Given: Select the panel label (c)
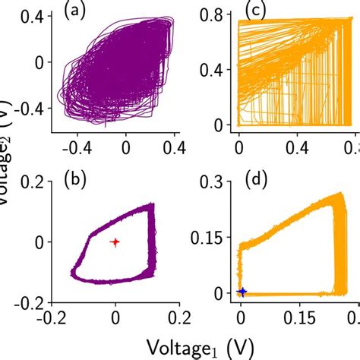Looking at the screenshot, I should point(260,11).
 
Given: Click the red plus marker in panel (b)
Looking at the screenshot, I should point(115,242).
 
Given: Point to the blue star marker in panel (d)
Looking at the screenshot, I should point(242,292).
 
